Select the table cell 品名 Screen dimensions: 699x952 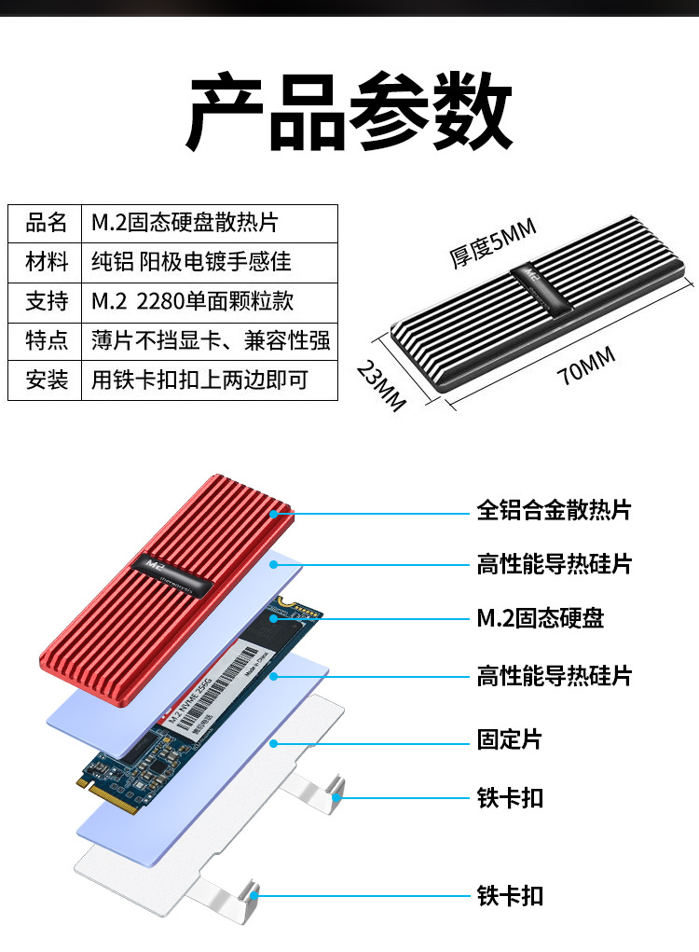[46, 223]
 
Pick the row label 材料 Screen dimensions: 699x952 [46, 262]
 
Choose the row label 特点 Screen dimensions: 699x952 [46, 340]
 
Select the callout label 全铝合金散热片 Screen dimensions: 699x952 [554, 510]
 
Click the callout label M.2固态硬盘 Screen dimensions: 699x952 [540, 618]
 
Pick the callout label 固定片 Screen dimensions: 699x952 [509, 740]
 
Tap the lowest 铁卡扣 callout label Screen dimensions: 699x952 [510, 896]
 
